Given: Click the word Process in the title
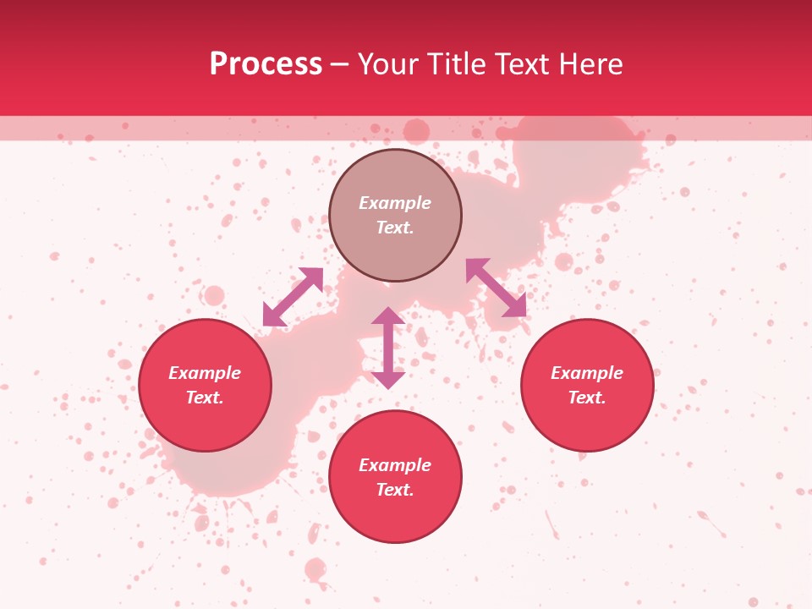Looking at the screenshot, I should tap(266, 64).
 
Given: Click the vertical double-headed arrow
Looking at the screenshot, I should tap(388, 348).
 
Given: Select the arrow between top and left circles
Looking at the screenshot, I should tap(294, 296).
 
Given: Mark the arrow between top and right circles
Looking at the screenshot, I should tap(496, 288).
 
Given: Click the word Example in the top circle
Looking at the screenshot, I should tap(395, 203).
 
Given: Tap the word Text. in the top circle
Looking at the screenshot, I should tap(395, 228).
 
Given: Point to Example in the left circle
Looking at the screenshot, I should tap(205, 373).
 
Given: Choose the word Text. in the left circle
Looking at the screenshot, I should tap(205, 398).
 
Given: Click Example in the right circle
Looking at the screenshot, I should tap(587, 373).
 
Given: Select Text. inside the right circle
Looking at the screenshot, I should tap(587, 398).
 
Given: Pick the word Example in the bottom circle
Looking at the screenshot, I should tap(395, 465).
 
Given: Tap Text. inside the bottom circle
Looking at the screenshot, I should tap(395, 490).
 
